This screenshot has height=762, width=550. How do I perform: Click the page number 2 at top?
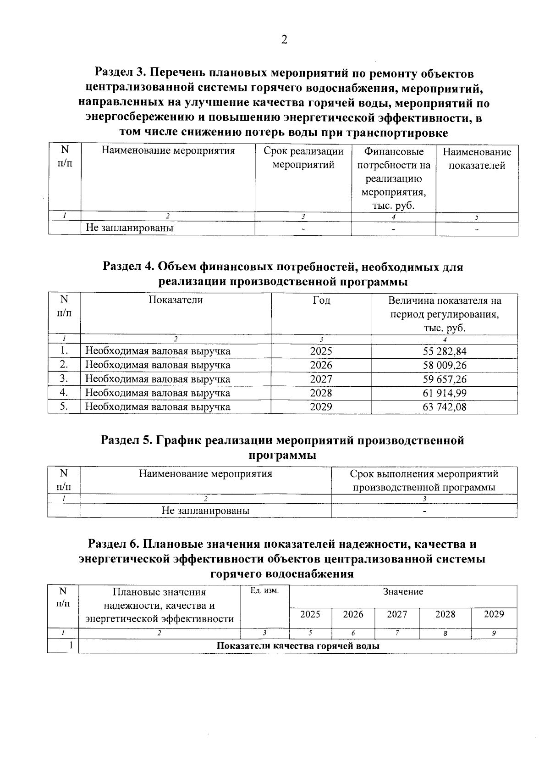pos(284,40)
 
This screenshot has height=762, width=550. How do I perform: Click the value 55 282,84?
pos(445,351)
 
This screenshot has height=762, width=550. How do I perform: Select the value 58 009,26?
pos(445,366)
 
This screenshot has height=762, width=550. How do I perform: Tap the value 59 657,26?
pos(445,379)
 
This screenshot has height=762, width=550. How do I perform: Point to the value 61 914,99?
pos(445,393)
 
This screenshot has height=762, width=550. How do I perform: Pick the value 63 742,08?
pos(445,407)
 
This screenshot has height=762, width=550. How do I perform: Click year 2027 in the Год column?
pos(321,379)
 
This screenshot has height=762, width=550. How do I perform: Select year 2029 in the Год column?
pos(321,407)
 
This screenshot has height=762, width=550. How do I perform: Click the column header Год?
pos(321,300)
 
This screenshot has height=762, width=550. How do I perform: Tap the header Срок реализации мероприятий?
pos(303,158)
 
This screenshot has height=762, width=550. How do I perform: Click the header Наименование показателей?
pos(477,159)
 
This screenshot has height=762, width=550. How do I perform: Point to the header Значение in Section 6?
pos(403,592)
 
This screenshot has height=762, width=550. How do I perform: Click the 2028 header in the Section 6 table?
pos(445,614)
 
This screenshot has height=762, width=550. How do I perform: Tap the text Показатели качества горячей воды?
pos(298,646)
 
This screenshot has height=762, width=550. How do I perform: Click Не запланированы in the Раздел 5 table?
pos(205,511)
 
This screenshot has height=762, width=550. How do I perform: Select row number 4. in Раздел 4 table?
pos(64,393)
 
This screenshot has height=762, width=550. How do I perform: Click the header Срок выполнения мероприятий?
pos(424,474)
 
